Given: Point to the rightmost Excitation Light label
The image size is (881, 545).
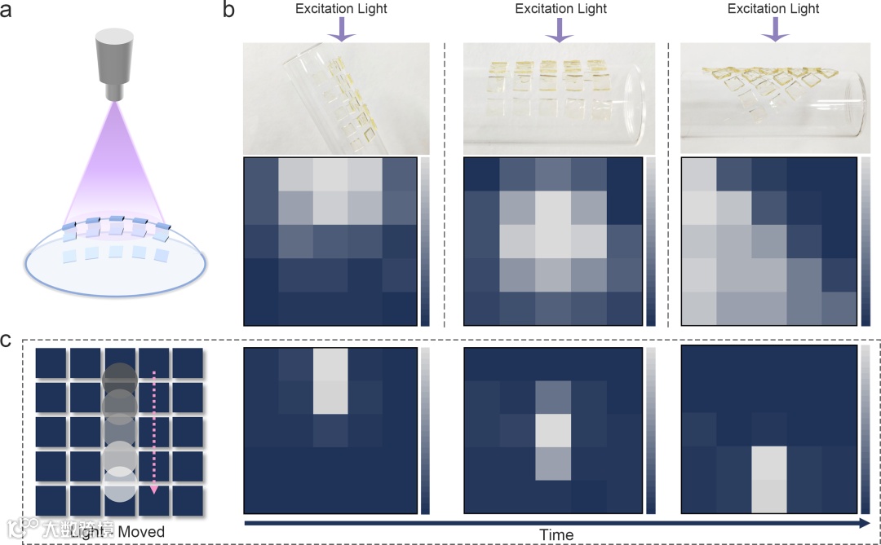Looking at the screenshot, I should pyautogui.click(x=773, y=9).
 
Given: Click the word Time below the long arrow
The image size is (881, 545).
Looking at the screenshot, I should pyautogui.click(x=556, y=535).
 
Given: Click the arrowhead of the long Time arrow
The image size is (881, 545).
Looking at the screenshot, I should pyautogui.click(x=865, y=521).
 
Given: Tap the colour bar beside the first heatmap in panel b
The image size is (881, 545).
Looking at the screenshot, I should pyautogui.click(x=425, y=241).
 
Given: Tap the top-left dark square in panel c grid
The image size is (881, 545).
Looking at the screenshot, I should pyautogui.click(x=51, y=363).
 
